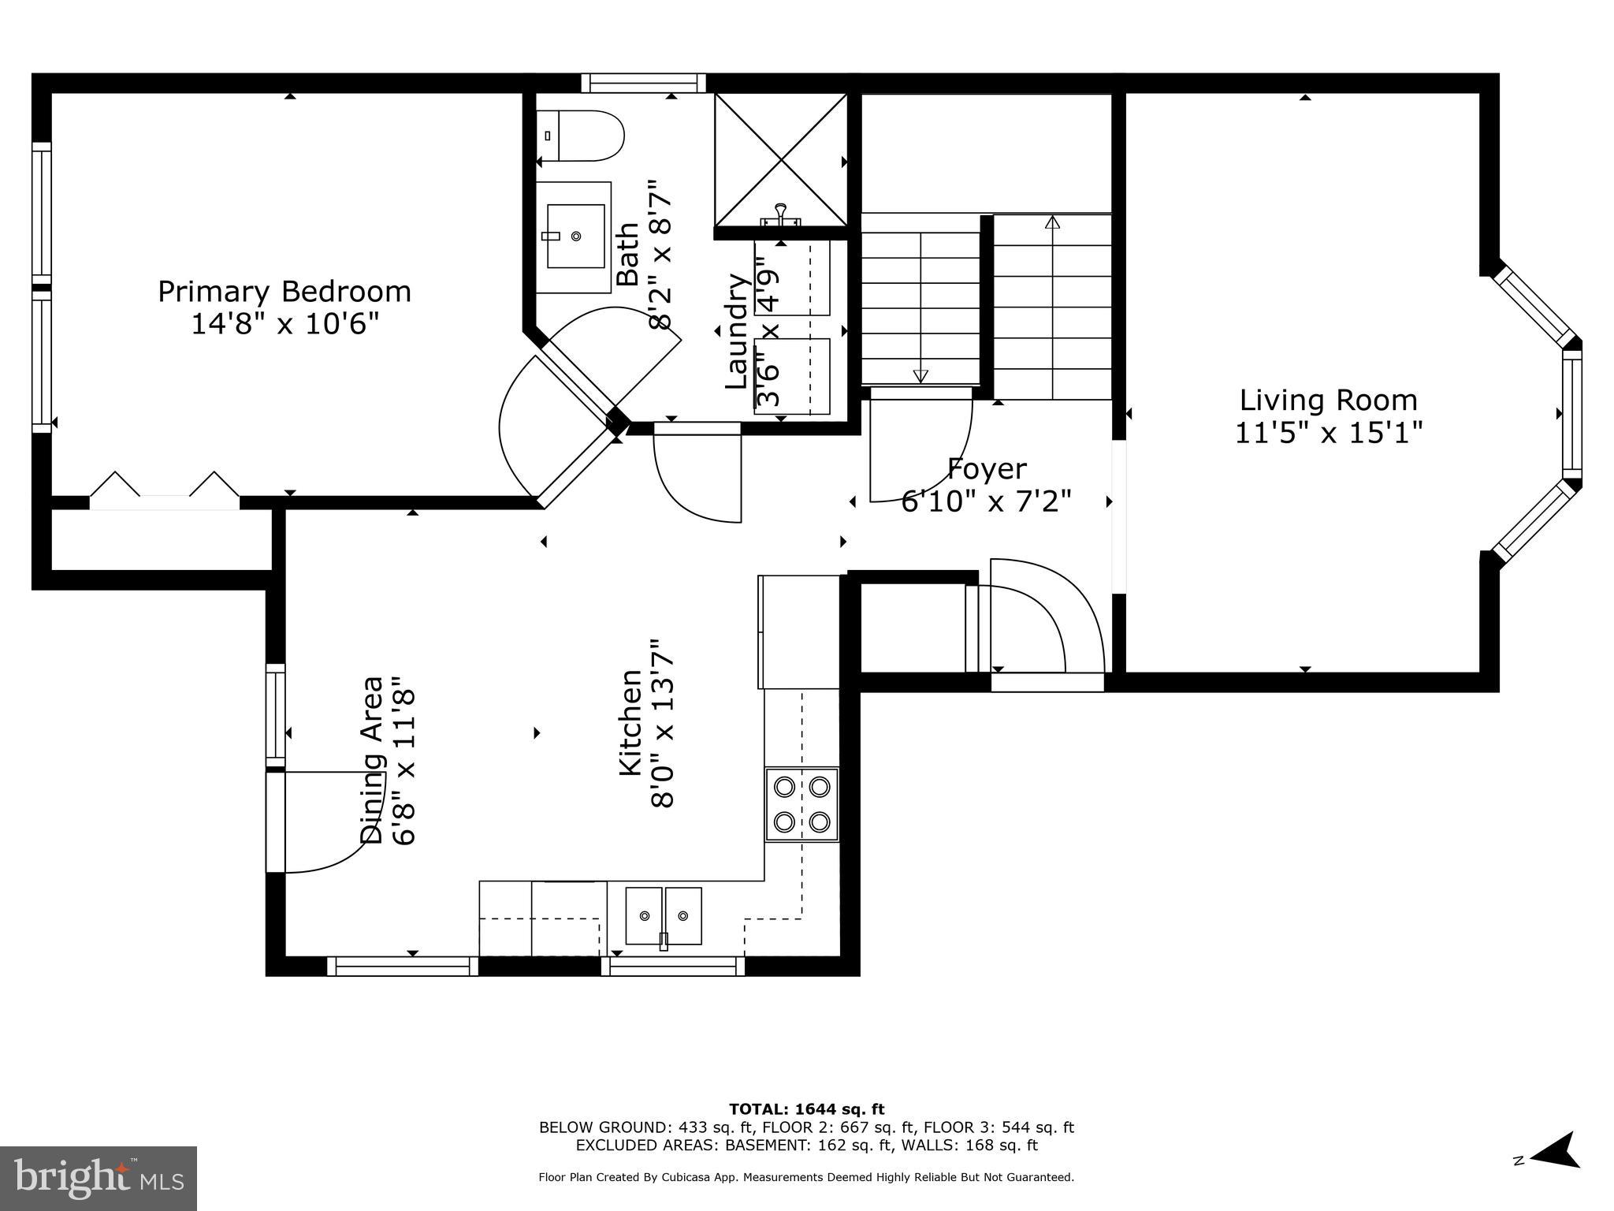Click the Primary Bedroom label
[x=284, y=292]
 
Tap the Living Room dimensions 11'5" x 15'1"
[x=1328, y=433]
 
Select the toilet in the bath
[x=581, y=136]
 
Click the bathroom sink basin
[x=575, y=236]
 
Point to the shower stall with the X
[x=780, y=160]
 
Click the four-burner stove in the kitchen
[x=801, y=804]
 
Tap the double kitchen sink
[x=664, y=915]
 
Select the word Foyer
[x=986, y=469]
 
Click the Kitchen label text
[x=630, y=722]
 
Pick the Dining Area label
[x=372, y=760]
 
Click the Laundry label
[x=736, y=331]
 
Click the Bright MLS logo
[x=98, y=1178]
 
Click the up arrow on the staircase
[x=1052, y=223]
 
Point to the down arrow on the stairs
[x=920, y=375]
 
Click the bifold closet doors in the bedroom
[x=164, y=489]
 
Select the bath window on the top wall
[x=644, y=84]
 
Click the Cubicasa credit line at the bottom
[x=806, y=1177]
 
